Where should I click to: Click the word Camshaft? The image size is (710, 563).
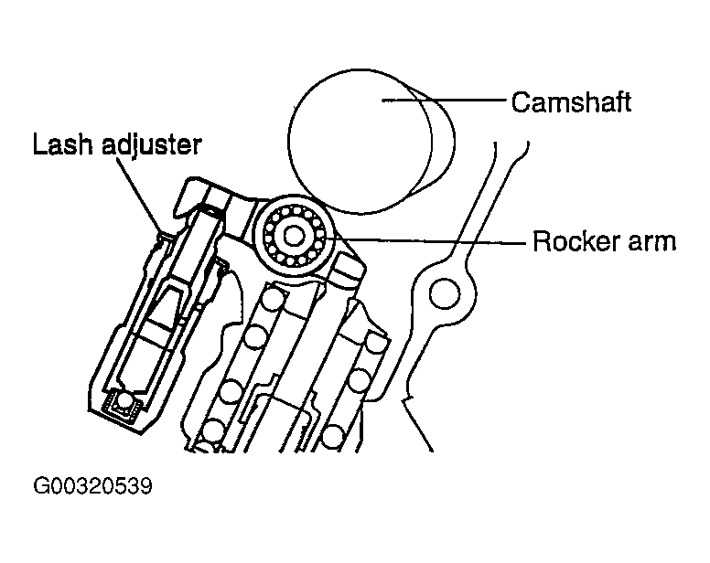coord(571,102)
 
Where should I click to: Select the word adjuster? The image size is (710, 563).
coord(151,146)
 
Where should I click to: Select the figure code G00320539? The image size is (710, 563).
coord(92,486)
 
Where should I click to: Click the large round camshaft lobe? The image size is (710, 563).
coord(360,141)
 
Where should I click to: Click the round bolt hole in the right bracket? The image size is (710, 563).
coord(444,294)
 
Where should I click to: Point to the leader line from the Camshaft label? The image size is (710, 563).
coord(444,100)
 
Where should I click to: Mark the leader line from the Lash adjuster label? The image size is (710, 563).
coord(140,196)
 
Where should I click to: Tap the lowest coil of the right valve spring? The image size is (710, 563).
coord(334,436)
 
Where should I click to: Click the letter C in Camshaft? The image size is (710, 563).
coord(522,102)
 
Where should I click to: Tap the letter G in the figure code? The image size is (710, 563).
coord(42,486)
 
